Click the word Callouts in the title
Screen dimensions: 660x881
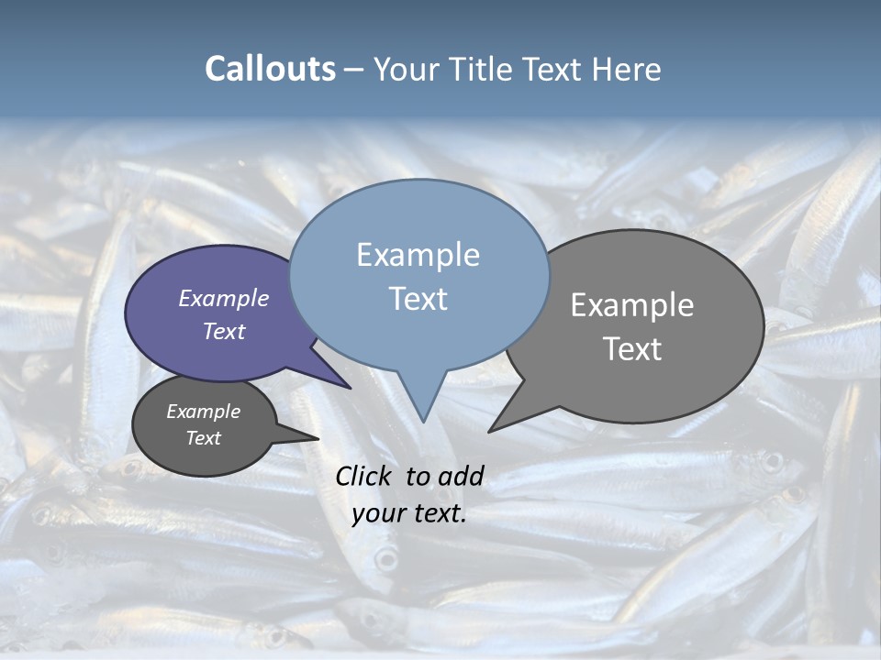click(x=270, y=69)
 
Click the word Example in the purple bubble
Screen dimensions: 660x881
click(x=223, y=298)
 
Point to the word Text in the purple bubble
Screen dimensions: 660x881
click(x=223, y=331)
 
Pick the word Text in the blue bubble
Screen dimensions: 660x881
click(x=418, y=298)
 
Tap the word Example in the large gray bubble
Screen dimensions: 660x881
click(x=632, y=304)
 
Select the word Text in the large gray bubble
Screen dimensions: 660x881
click(x=632, y=348)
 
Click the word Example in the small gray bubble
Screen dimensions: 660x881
click(x=203, y=412)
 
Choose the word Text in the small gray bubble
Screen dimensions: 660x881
click(x=203, y=438)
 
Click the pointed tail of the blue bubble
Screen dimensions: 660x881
click(x=423, y=419)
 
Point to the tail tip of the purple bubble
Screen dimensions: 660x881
click(x=350, y=388)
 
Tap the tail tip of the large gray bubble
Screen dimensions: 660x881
click(x=490, y=431)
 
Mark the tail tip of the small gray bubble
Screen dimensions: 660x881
click(x=318, y=439)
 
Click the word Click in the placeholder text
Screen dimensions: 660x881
click(x=364, y=476)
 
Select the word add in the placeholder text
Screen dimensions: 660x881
click(x=461, y=476)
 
